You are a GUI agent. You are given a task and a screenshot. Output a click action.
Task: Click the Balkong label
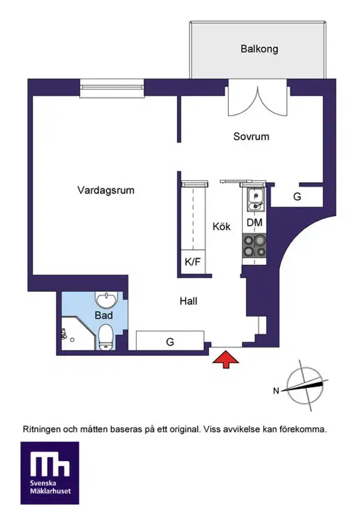pos(259,49)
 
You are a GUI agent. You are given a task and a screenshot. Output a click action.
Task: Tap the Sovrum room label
pos(251,136)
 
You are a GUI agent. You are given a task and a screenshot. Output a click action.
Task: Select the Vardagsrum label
pos(106,191)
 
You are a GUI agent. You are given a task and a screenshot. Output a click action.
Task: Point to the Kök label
pos(221,226)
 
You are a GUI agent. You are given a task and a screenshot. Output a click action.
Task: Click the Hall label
pos(188,301)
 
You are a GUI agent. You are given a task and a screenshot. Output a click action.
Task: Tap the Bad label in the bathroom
pos(104,315)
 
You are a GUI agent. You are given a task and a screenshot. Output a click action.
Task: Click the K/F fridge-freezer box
pos(192,262)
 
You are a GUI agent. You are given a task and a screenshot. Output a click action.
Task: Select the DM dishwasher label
pos(254,222)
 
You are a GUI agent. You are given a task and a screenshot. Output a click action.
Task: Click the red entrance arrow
pos(226,360)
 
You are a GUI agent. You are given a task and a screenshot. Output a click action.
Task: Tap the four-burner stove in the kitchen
pos(254,246)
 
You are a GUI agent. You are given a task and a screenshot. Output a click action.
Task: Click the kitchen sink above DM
pos(256,199)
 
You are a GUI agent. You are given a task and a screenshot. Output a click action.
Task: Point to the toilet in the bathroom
pos(106,337)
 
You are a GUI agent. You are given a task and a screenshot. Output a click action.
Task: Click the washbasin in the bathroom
pos(106,299)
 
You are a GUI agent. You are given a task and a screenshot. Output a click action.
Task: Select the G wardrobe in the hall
pos(170,341)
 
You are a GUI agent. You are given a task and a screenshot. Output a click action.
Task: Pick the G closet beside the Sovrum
pos(297,197)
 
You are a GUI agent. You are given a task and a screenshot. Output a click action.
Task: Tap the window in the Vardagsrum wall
pos(112,88)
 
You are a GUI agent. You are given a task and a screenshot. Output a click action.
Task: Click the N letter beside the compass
pos(276,391)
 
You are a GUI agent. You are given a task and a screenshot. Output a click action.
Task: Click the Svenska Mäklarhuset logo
pos(50,473)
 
